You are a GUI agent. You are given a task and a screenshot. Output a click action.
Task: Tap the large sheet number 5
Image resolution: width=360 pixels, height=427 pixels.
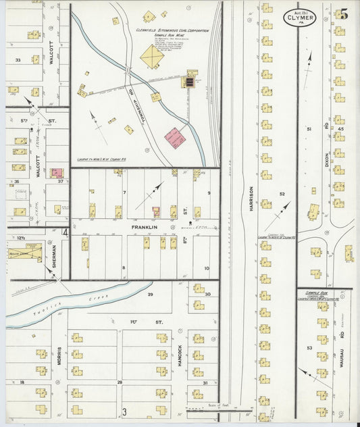pyautogui.click(x=344, y=12)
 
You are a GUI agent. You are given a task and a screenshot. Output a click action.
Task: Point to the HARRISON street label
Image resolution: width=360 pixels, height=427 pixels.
pyautogui.click(x=249, y=200)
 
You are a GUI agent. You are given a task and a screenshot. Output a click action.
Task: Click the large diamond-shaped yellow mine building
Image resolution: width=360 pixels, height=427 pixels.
pyautogui.click(x=152, y=57)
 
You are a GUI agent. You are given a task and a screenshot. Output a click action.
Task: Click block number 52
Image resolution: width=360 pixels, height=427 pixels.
pyautogui.click(x=282, y=195)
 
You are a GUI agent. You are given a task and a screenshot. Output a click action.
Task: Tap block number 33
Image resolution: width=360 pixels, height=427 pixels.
pyautogui.click(x=18, y=60)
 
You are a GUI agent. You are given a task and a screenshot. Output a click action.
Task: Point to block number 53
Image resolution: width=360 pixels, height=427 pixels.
pyautogui.click(x=309, y=347)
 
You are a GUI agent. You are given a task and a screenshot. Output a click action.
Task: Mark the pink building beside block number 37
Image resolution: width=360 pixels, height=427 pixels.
pyautogui.click(x=57, y=173)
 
